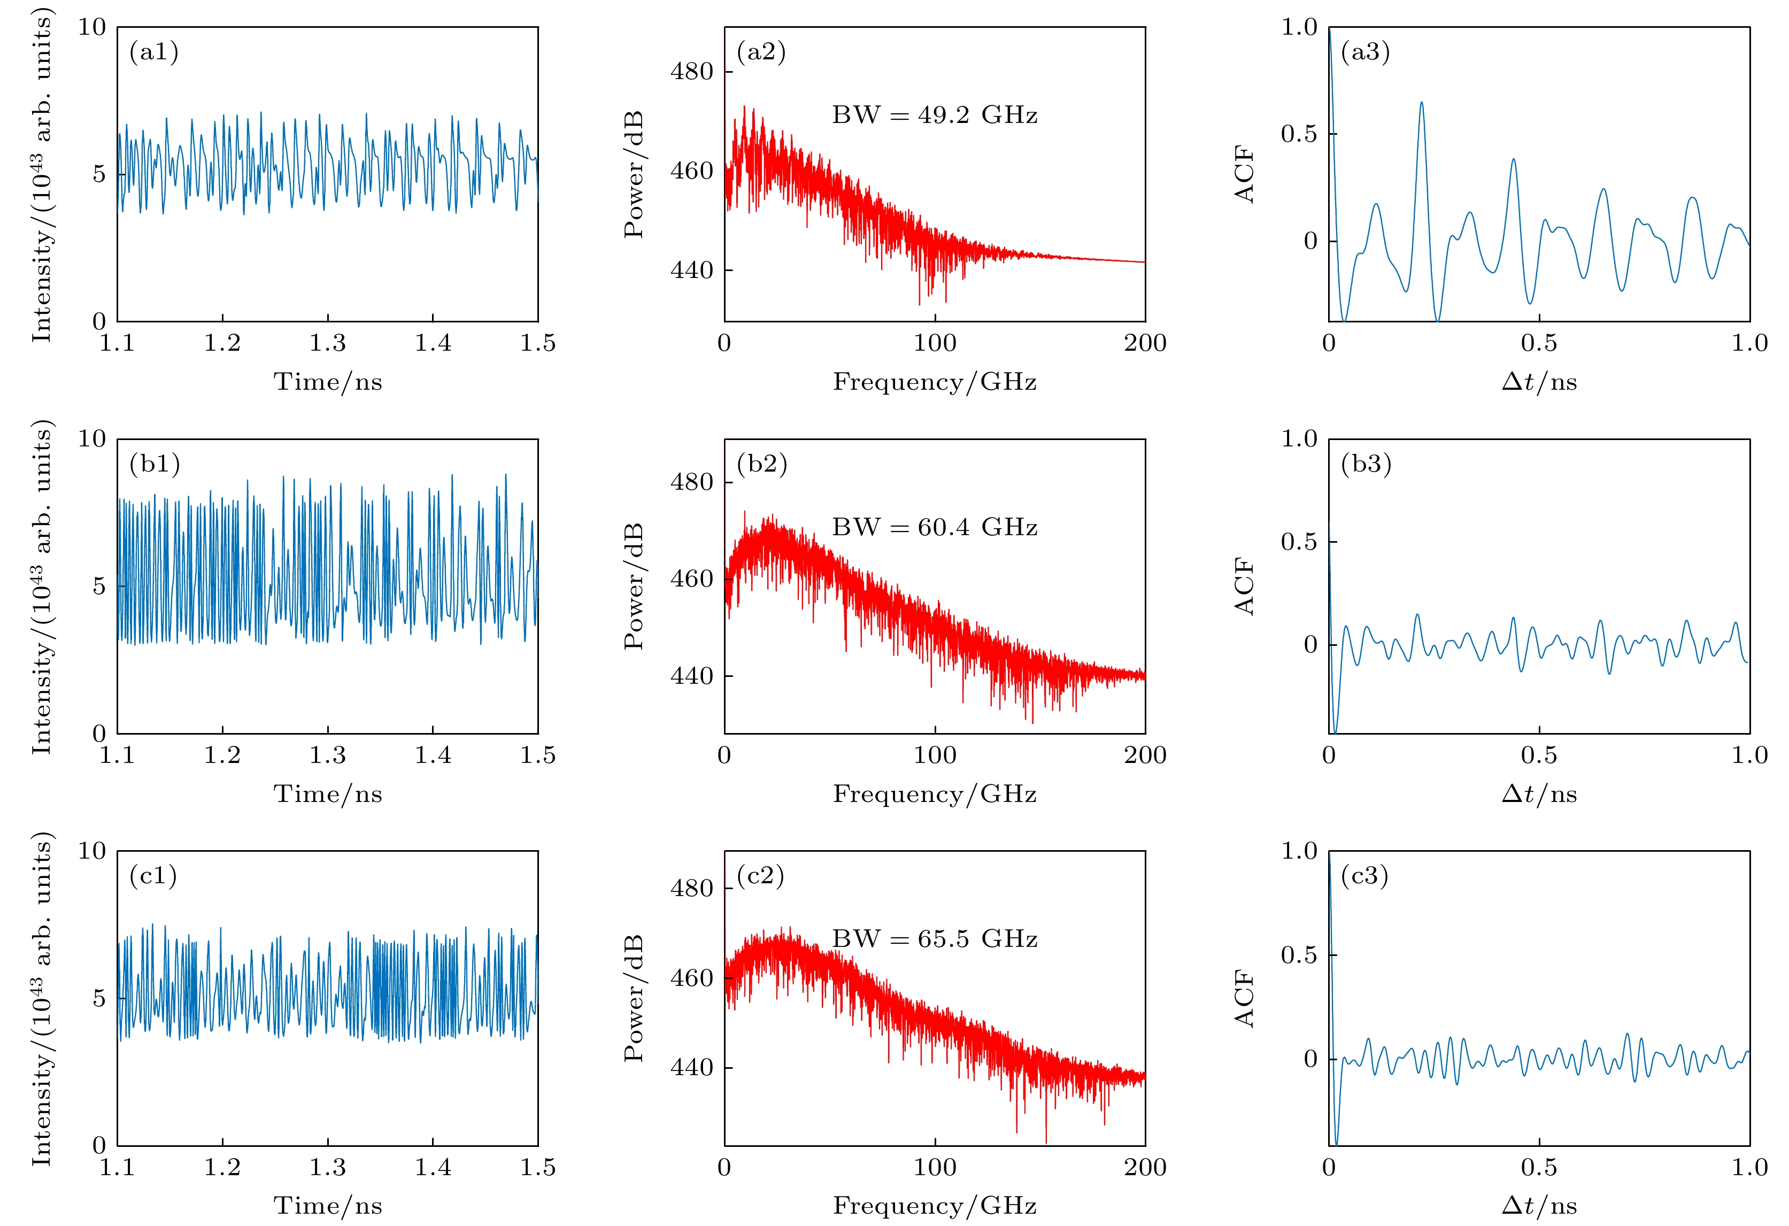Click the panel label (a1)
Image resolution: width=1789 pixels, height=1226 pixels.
click(x=154, y=52)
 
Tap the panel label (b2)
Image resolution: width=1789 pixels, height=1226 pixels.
click(x=762, y=464)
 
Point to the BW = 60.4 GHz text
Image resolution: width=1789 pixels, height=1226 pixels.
click(x=935, y=527)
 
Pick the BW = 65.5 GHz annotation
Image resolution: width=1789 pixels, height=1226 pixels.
click(x=935, y=939)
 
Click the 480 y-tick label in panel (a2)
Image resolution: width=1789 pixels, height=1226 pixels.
click(x=691, y=72)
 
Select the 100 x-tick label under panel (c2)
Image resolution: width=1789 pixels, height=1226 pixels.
click(x=935, y=1168)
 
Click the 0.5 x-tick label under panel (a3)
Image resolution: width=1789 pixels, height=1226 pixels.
click(x=1539, y=343)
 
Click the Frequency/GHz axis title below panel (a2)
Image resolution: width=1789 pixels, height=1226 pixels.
click(x=935, y=382)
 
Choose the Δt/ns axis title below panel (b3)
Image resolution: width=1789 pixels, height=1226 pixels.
click(x=1539, y=794)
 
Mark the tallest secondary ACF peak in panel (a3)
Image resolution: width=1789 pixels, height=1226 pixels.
click(x=1421, y=102)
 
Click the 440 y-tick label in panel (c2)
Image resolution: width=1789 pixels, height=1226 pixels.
click(x=691, y=1067)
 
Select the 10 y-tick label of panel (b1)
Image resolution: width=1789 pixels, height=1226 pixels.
click(x=91, y=438)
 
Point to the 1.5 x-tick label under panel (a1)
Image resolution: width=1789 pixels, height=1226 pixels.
click(x=537, y=343)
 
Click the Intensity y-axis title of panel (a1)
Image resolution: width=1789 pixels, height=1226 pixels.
click(x=42, y=175)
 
